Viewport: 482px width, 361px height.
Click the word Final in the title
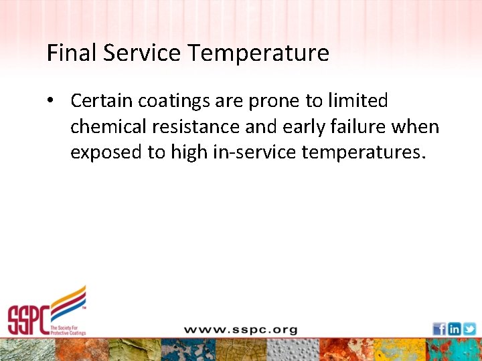pos(68,53)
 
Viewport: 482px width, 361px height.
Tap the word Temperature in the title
pos(257,53)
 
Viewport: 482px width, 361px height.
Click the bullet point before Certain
pos(50,101)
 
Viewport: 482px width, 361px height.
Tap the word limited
pos(357,101)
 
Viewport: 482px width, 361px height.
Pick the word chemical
pos(104,126)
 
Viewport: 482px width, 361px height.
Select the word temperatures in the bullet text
pos(362,152)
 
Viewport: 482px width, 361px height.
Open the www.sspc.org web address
pos(241,330)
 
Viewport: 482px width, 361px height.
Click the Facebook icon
pos(439,329)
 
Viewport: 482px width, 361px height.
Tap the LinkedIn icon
pos(454,329)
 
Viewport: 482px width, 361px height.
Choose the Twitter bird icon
pos(469,329)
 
